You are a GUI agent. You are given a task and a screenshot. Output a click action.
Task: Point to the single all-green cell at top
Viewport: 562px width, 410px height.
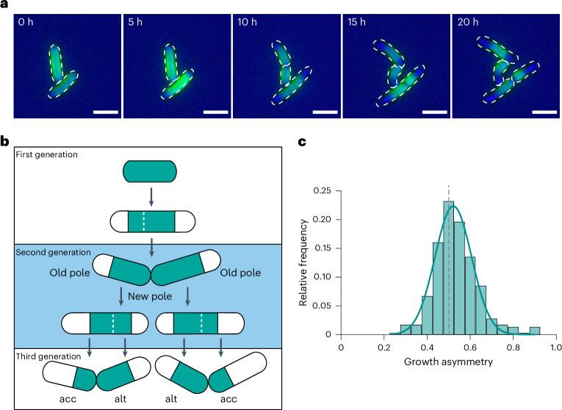149,173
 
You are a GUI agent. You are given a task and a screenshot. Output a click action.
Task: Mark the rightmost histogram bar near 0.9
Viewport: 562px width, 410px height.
535,331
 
